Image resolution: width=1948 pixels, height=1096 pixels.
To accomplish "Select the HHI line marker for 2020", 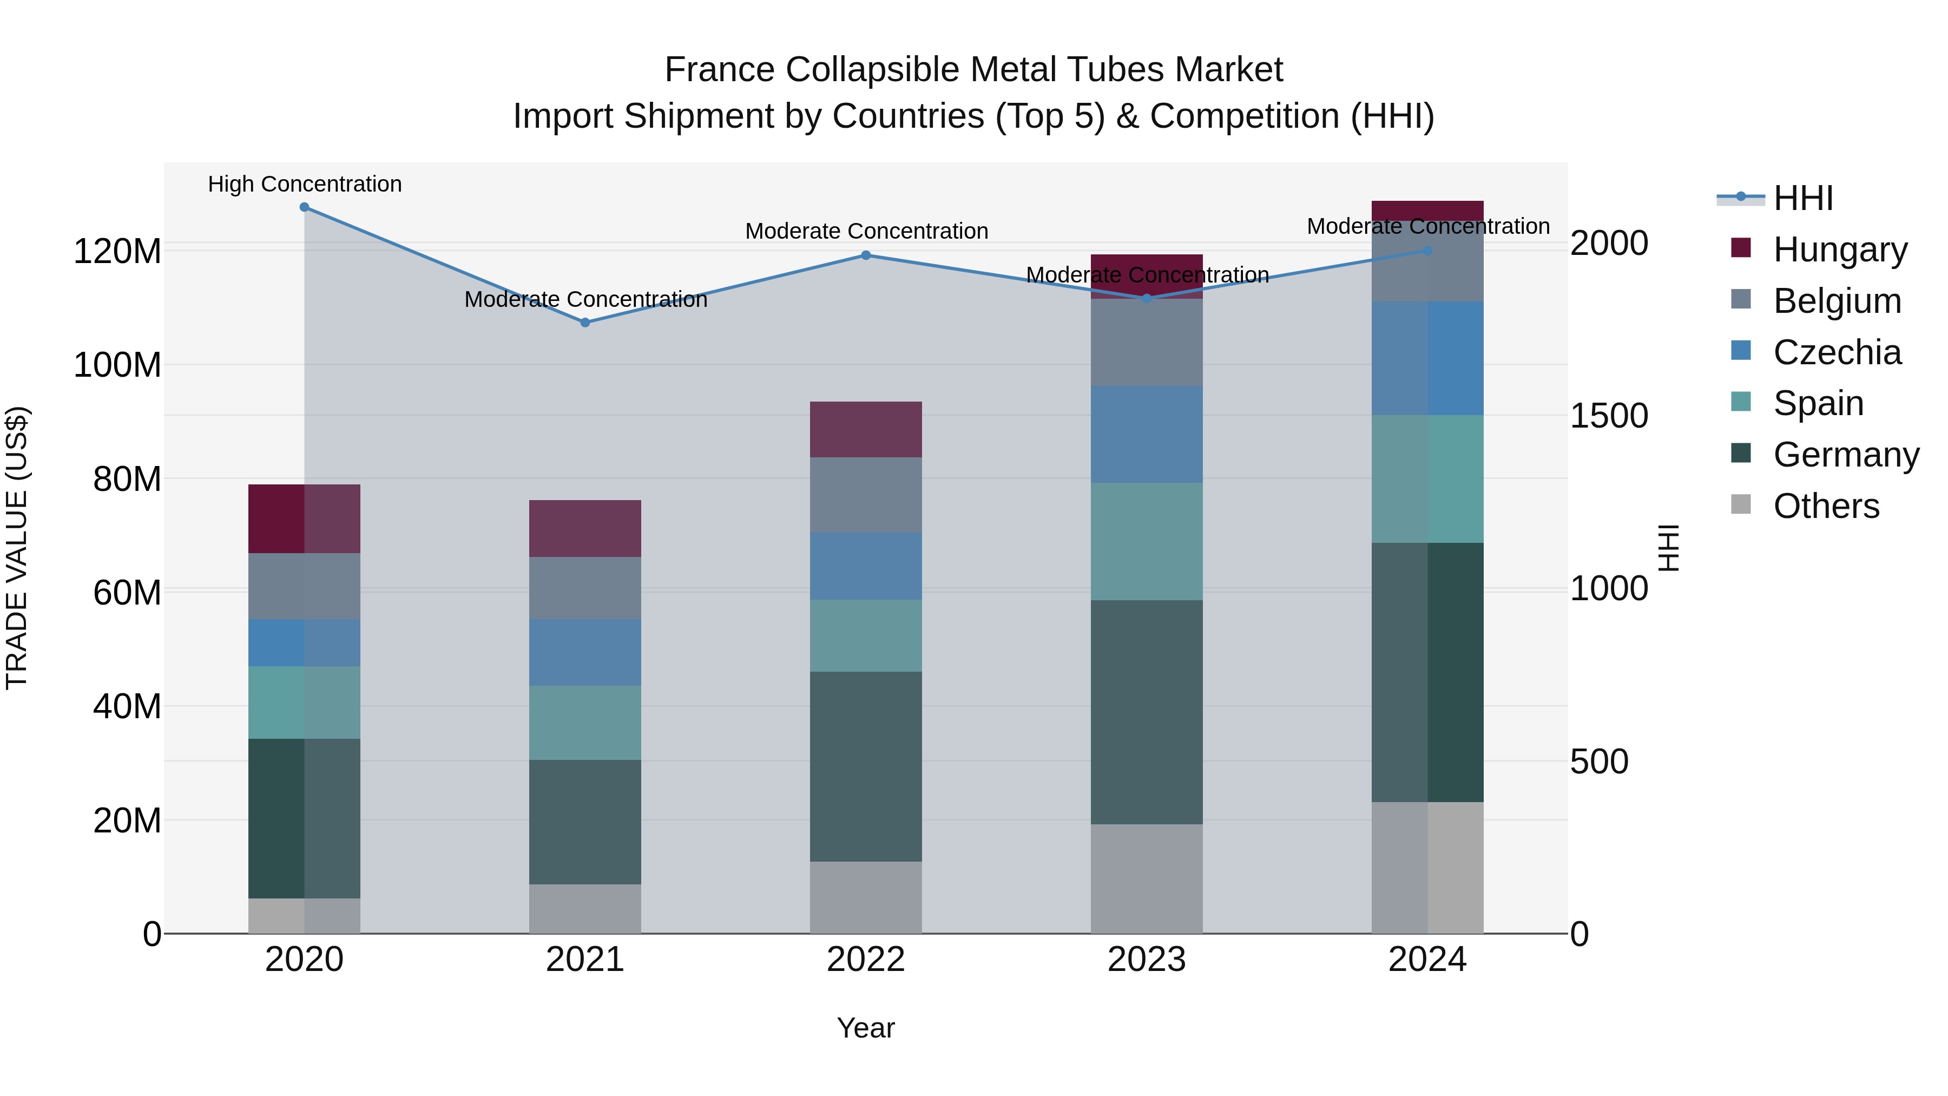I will coord(304,207).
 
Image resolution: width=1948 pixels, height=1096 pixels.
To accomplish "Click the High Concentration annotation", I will coord(305,185).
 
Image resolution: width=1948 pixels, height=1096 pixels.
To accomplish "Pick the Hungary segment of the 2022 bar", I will coord(866,430).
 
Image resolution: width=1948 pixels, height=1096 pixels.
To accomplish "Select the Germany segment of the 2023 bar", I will coord(1147,712).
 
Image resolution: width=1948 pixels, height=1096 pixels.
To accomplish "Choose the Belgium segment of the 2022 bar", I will coord(866,495).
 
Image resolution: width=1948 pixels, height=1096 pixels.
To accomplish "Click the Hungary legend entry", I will coord(1839,250).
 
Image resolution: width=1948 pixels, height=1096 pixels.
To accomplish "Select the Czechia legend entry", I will coord(1836,352).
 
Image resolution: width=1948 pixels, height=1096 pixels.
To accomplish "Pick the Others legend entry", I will coord(1826,506).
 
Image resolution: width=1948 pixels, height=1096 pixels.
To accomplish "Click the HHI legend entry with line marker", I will coord(1803,198).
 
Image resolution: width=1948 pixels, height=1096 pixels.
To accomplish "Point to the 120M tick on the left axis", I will coord(117,251).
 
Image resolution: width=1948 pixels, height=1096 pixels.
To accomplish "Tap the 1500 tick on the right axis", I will coord(1609,416).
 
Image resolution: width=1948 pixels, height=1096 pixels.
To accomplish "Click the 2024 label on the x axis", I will coord(1427,960).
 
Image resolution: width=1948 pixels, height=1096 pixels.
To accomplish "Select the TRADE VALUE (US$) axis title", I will coord(17,548).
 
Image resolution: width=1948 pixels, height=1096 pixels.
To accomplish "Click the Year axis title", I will coord(866,1028).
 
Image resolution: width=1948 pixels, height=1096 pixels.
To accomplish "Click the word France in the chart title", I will coord(719,70).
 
